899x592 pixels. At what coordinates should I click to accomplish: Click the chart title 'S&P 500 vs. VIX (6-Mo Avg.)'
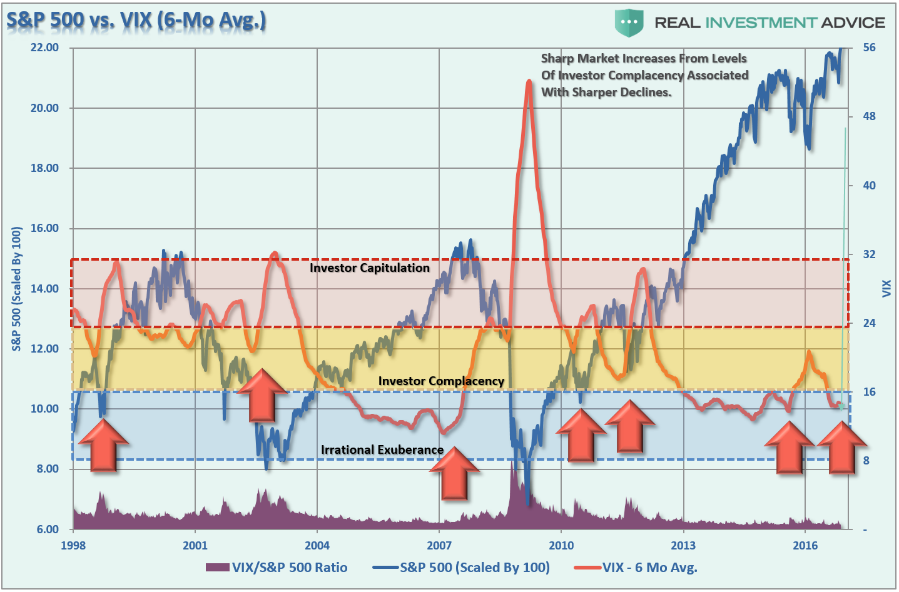(136, 20)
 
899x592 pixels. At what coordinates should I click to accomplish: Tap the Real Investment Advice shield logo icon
(629, 23)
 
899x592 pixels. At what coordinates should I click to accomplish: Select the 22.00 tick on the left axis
(44, 48)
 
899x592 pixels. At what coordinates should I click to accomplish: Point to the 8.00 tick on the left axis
(44, 469)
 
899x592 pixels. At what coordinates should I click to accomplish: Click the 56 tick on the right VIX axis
(869, 48)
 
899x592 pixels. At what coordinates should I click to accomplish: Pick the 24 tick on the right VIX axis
(869, 323)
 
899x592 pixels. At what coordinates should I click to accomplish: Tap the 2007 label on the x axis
(439, 545)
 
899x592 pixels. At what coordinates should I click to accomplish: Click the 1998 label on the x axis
(73, 545)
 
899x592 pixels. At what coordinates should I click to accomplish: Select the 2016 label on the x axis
(805, 545)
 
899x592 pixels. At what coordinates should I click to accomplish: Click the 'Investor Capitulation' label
(370, 268)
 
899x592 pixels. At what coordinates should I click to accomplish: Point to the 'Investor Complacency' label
(441, 381)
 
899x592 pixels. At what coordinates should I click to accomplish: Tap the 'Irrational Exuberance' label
(382, 449)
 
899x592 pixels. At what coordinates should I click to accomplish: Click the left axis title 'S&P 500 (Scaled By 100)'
(17, 289)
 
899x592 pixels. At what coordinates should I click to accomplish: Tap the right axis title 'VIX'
(886, 289)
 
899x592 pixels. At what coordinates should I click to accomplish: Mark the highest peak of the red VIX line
(529, 81)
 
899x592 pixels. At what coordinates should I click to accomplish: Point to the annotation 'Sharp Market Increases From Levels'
(644, 59)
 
